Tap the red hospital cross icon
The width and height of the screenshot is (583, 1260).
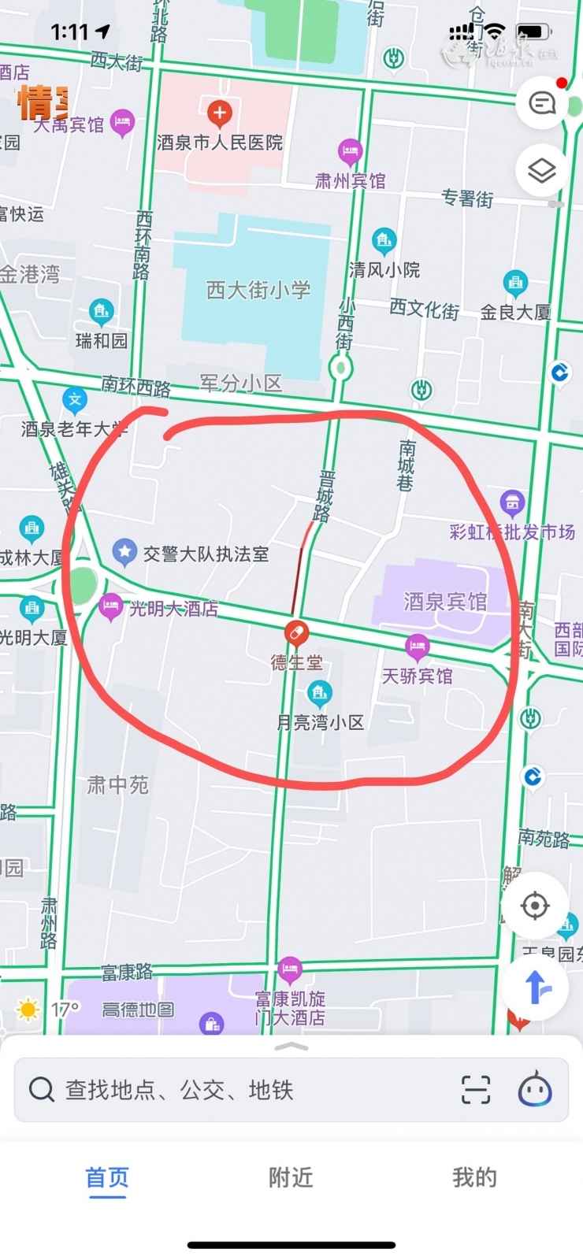[219, 113]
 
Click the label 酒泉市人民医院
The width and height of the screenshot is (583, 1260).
[220, 143]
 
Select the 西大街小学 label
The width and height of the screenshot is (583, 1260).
[258, 290]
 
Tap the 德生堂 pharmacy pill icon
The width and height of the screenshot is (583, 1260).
[296, 632]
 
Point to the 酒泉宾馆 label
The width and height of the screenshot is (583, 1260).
[445, 602]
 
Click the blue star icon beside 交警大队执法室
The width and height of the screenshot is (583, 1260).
[124, 552]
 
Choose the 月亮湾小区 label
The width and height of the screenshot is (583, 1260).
[320, 722]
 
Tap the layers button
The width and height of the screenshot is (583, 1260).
[541, 170]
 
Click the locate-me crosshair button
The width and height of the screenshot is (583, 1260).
[535, 906]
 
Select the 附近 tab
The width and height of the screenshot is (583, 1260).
[291, 1177]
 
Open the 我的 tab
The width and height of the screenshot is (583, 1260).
[474, 1177]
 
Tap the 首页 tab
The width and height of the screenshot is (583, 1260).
[107, 1177]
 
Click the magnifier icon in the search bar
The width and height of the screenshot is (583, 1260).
[41, 1090]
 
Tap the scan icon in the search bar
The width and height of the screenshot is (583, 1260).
[475, 1090]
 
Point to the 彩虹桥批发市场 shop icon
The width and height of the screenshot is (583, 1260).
[513, 502]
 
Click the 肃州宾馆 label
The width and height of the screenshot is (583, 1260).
[351, 180]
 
